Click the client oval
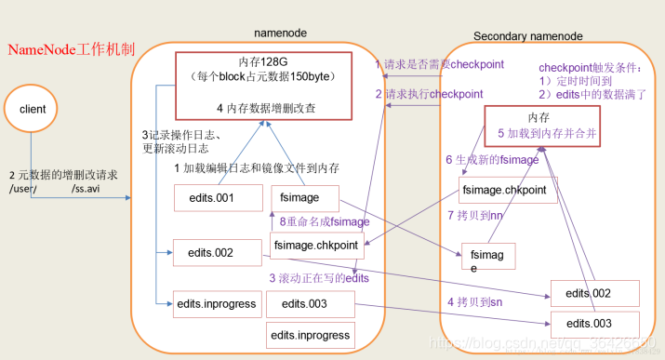(x=33, y=109)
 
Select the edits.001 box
(x=211, y=198)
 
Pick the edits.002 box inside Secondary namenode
(x=588, y=294)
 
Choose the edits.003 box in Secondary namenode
(x=588, y=323)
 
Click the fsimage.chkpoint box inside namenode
(x=315, y=245)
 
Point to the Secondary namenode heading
(x=528, y=36)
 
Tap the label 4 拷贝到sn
(x=476, y=302)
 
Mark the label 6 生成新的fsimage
(x=492, y=160)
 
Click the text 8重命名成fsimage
(x=325, y=222)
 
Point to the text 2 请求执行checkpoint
(x=429, y=94)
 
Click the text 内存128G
(x=265, y=60)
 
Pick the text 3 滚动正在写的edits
(x=319, y=278)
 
